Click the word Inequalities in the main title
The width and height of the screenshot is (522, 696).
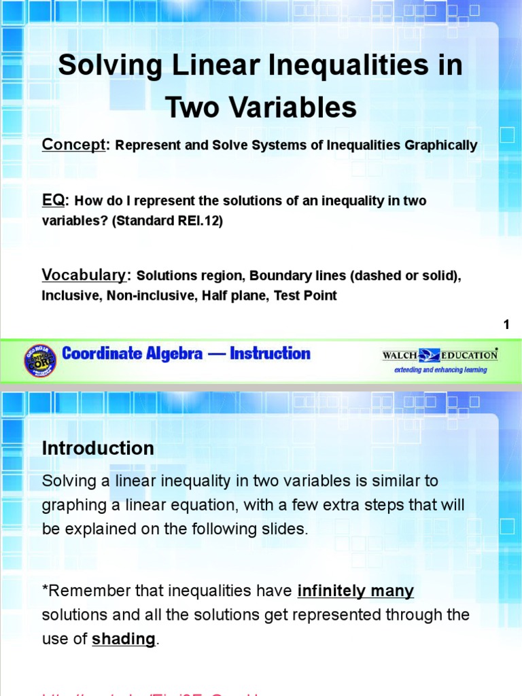[364, 66]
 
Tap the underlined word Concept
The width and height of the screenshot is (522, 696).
[73, 145]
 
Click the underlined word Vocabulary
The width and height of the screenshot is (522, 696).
[84, 275]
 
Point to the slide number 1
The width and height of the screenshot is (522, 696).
[506, 325]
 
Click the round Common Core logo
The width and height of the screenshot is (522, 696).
[40, 359]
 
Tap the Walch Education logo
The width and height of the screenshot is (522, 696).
[439, 355]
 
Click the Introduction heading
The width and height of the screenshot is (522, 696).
[98, 449]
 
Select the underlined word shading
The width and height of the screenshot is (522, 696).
[123, 640]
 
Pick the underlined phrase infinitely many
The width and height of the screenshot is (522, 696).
[355, 591]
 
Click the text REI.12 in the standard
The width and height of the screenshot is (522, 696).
[205, 221]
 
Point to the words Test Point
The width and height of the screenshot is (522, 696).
[305, 296]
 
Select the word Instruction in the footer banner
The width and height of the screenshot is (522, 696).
[270, 353]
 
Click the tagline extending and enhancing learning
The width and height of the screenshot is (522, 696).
[445, 370]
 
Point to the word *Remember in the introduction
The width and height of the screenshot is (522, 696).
[80, 591]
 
